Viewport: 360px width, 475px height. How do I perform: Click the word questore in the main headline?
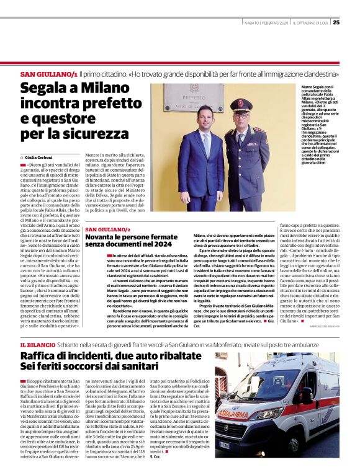[48, 117]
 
